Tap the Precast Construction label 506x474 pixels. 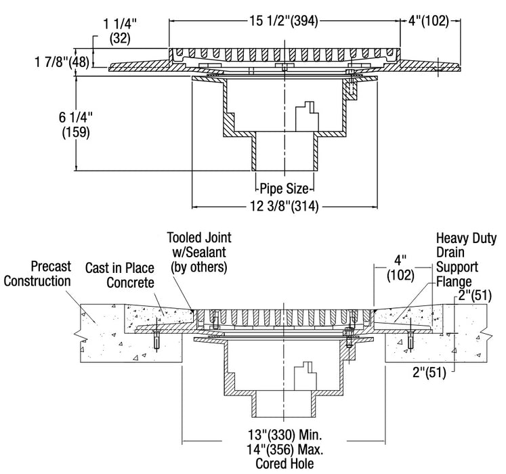[x=37, y=274]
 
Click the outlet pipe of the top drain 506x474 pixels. [x=284, y=154]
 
